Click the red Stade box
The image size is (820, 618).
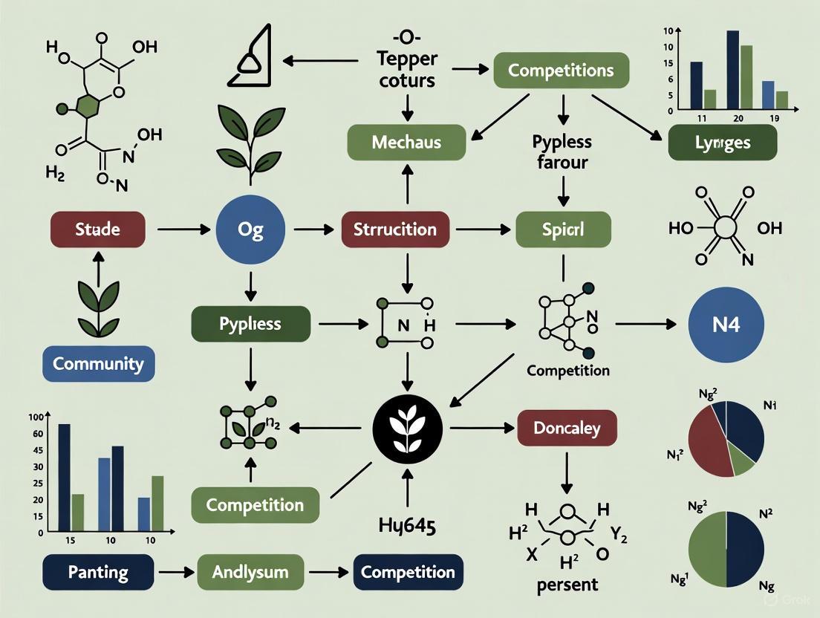pos(97,229)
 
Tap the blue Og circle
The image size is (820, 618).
pos(250,229)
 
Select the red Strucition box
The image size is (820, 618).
pos(394,229)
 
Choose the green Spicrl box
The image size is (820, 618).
pos(563,229)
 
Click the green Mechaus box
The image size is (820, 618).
pos(406,142)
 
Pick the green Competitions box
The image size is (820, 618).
pos(561,71)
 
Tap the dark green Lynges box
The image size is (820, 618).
pos(722,142)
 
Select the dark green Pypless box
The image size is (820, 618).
pos(250,324)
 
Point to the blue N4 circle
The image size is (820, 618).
pos(725,325)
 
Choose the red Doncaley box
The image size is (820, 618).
pos(567,428)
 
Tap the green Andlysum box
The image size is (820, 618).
pos(250,573)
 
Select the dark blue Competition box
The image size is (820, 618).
pos(408,573)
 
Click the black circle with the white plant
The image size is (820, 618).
pos(406,427)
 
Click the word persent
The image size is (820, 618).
pos(567,584)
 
